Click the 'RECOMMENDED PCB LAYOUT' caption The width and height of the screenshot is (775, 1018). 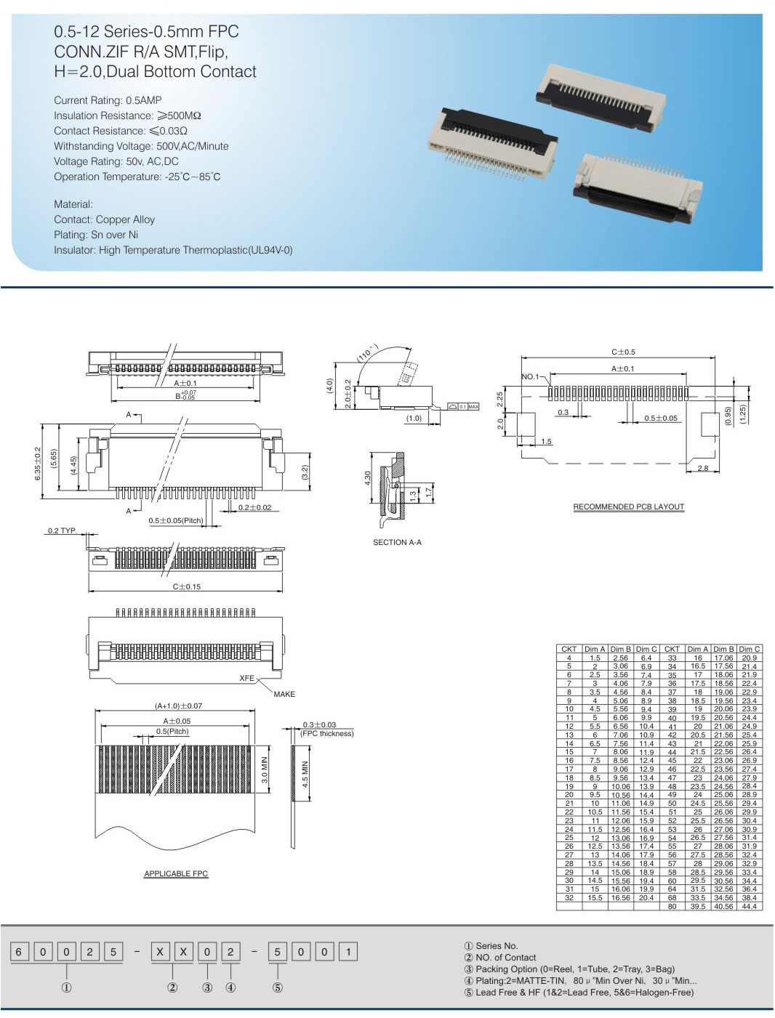click(628, 506)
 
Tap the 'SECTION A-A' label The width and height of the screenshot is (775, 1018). click(397, 542)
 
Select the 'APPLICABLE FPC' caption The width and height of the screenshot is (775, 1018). click(176, 873)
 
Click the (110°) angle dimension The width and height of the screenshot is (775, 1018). click(368, 352)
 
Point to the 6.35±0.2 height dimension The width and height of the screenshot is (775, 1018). click(38, 462)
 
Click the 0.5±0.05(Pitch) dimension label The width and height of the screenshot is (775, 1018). click(176, 520)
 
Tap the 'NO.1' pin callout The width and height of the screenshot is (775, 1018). click(531, 376)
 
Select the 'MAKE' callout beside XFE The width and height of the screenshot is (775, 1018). click(284, 694)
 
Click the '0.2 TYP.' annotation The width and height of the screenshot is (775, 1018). click(63, 530)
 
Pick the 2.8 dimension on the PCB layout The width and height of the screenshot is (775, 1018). click(702, 468)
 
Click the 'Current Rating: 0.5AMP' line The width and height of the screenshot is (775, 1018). click(108, 100)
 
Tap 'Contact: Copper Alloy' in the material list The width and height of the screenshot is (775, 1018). click(104, 219)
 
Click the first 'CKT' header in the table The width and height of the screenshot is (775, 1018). click(569, 649)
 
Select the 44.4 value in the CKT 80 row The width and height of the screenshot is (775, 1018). click(749, 906)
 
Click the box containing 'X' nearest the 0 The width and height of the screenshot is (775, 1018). click(184, 951)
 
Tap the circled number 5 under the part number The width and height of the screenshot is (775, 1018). click(277, 987)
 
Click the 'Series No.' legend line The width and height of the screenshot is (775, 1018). click(491, 945)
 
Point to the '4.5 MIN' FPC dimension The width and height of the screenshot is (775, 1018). click(305, 774)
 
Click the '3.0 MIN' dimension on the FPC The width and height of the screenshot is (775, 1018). click(265, 770)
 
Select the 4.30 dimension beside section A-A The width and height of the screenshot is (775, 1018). click(368, 478)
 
